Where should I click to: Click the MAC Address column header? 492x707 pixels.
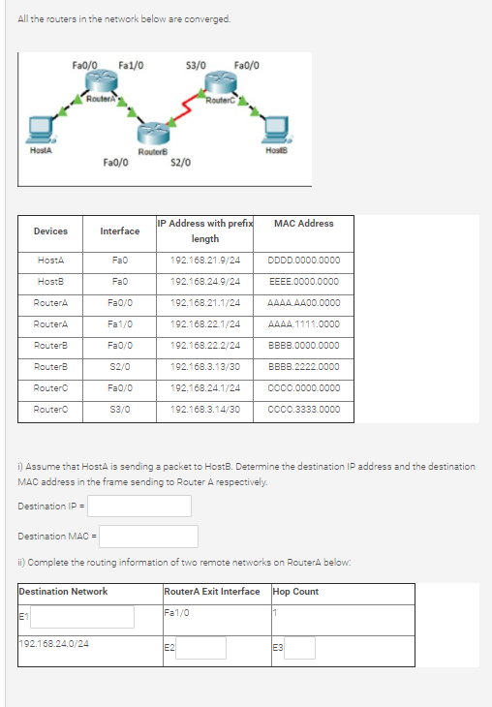[303, 224]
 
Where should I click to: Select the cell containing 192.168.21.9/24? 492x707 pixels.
[205, 261]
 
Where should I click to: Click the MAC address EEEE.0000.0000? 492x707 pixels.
[303, 282]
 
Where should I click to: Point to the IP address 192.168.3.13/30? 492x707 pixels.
[205, 367]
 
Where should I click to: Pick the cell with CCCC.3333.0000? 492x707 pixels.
[303, 410]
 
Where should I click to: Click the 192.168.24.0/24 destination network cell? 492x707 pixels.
[54, 642]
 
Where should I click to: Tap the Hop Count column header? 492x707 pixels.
[296, 592]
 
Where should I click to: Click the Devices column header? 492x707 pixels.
[50, 231]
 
